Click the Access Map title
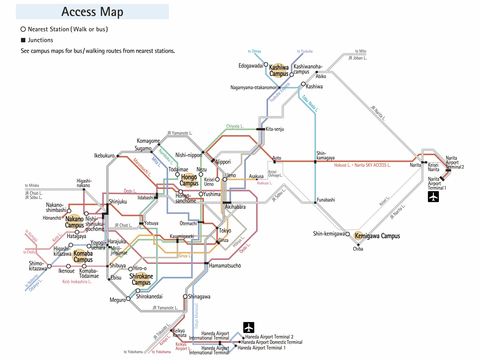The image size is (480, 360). pyautogui.click(x=92, y=12)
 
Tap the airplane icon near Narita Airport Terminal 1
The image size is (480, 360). pyautogui.click(x=433, y=196)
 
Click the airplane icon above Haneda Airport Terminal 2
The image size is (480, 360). pyautogui.click(x=248, y=327)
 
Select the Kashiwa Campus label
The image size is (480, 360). pyautogui.click(x=279, y=71)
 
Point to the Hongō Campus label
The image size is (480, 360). pyautogui.click(x=189, y=180)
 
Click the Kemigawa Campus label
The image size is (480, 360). pyautogui.click(x=377, y=236)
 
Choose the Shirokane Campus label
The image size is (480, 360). pyautogui.click(x=141, y=279)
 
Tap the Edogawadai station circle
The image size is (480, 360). pyautogui.click(x=266, y=65)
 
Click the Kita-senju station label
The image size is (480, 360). pyautogui.click(x=275, y=129)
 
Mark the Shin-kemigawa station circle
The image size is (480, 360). pyautogui.click(x=348, y=234)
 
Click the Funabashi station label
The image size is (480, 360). pyautogui.click(x=326, y=200)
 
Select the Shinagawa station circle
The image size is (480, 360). pyautogui.click(x=185, y=296)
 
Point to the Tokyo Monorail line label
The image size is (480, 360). pyautogui.click(x=196, y=316)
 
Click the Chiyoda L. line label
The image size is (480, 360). pyautogui.click(x=235, y=126)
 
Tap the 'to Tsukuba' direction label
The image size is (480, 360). pyautogui.click(x=305, y=51)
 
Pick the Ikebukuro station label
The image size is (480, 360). pyautogui.click(x=104, y=156)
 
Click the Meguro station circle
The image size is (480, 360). pyautogui.click(x=128, y=299)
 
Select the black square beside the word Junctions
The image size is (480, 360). pyautogui.click(x=23, y=40)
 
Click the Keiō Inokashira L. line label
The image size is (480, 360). pyautogui.click(x=77, y=282)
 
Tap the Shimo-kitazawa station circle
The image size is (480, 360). pyautogui.click(x=50, y=266)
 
